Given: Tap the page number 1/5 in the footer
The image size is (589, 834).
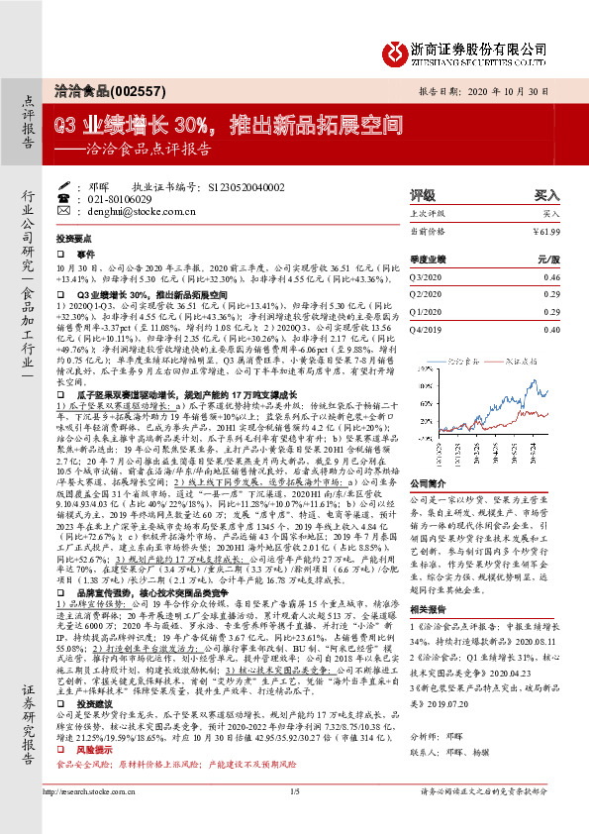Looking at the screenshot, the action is [294, 819].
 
